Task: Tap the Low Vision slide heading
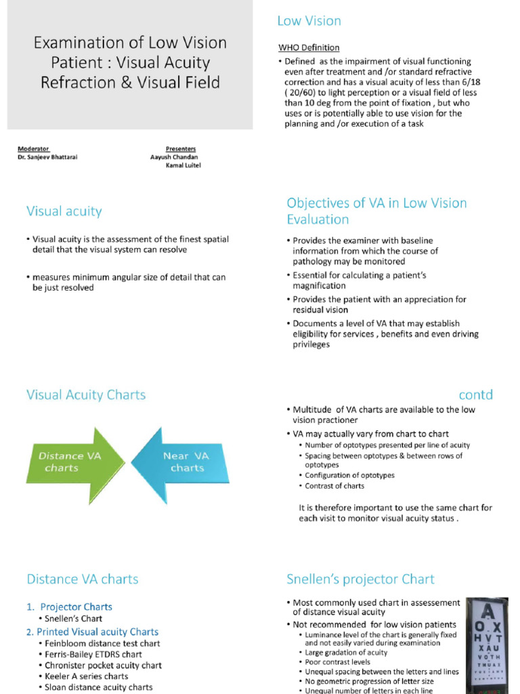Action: [x=309, y=21]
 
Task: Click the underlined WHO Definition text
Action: [x=309, y=47]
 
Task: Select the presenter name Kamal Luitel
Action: [x=183, y=165]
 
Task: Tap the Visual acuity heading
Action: [x=64, y=211]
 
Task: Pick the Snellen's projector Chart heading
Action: [x=360, y=579]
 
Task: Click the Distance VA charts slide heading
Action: [x=82, y=579]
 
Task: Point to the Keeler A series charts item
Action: [x=86, y=676]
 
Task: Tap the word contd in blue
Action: [x=475, y=394]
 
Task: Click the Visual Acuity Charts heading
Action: [x=86, y=394]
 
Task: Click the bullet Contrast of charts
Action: [x=334, y=485]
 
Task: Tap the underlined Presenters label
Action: [x=181, y=148]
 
